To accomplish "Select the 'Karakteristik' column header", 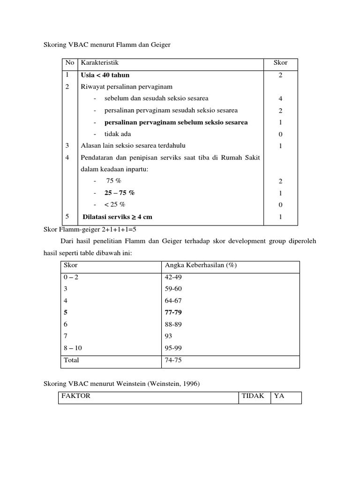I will point(100,63).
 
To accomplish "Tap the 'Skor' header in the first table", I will point(280,63).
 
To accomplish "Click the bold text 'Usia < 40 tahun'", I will point(105,75).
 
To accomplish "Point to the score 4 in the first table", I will point(280,98).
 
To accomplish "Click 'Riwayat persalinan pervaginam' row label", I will point(127,87).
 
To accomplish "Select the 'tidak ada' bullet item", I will point(118,134).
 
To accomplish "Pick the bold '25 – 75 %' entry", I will point(120,193).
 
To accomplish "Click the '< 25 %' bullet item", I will point(115,205).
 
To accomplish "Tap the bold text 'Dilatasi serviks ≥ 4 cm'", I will point(117,217).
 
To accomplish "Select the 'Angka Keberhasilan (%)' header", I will point(201,265).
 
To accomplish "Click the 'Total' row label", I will point(71,360).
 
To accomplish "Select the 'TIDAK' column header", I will point(253,396).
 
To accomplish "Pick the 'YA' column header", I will point(279,396).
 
